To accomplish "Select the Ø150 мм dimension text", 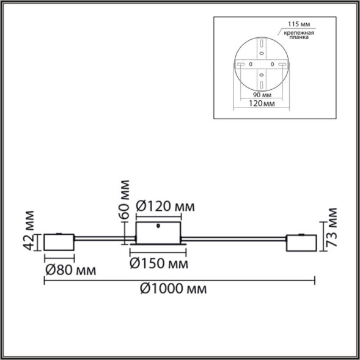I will (158, 264).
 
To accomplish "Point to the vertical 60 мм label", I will (125, 199).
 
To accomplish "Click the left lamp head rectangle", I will (59, 243).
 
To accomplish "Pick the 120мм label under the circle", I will (263, 105).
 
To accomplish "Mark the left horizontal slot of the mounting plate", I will (241, 64).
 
